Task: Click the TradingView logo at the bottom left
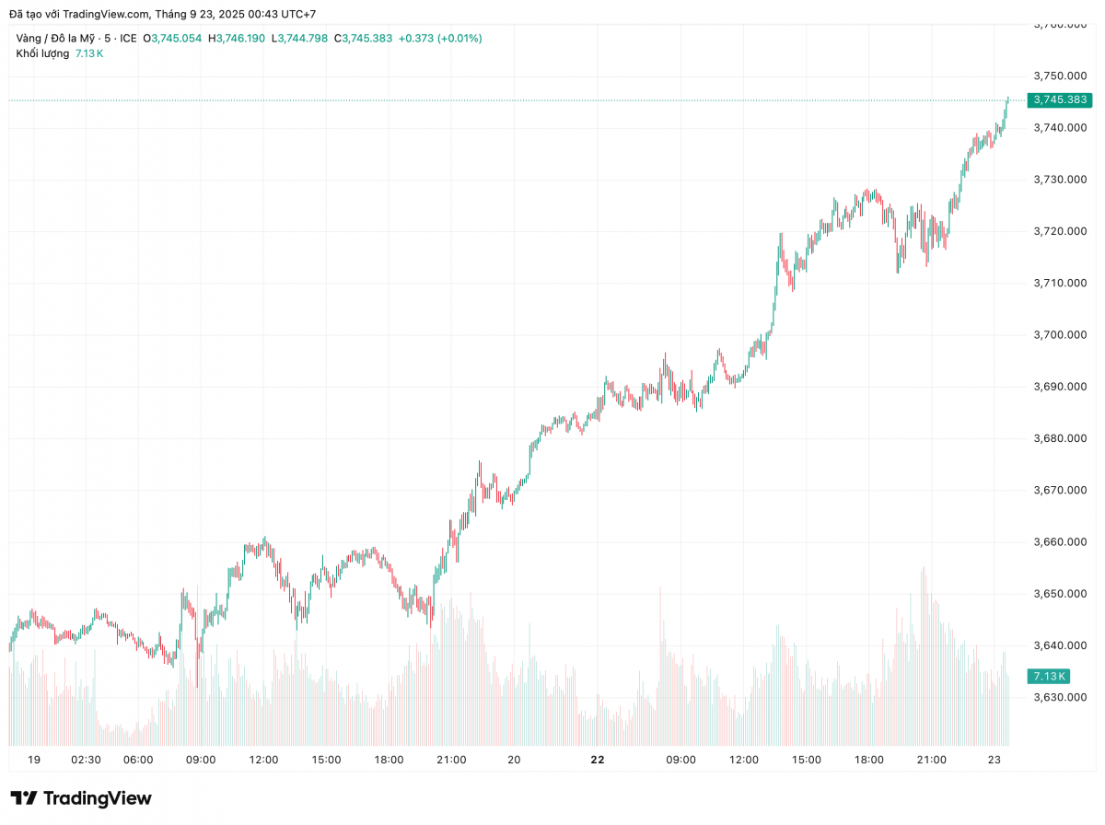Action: tap(81, 798)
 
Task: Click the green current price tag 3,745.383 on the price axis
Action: tap(1060, 99)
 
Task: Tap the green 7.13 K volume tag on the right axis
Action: tap(1049, 676)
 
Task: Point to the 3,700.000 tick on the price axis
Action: tap(1061, 334)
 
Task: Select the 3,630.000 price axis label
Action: tap(1061, 697)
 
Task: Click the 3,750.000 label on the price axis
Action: tap(1061, 76)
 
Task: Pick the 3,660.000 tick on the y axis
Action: tap(1061, 541)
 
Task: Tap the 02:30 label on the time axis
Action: tap(86, 760)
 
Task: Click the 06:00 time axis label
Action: tap(138, 760)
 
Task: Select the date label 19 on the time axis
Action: tap(34, 760)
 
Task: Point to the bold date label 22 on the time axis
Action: tap(598, 760)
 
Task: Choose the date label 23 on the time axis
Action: tap(994, 760)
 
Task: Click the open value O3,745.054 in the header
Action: tap(172, 38)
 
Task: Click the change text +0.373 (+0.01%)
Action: tap(440, 38)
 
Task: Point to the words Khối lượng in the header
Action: tap(42, 53)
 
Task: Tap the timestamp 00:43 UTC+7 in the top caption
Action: tap(282, 14)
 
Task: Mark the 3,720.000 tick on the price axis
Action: tap(1061, 231)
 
